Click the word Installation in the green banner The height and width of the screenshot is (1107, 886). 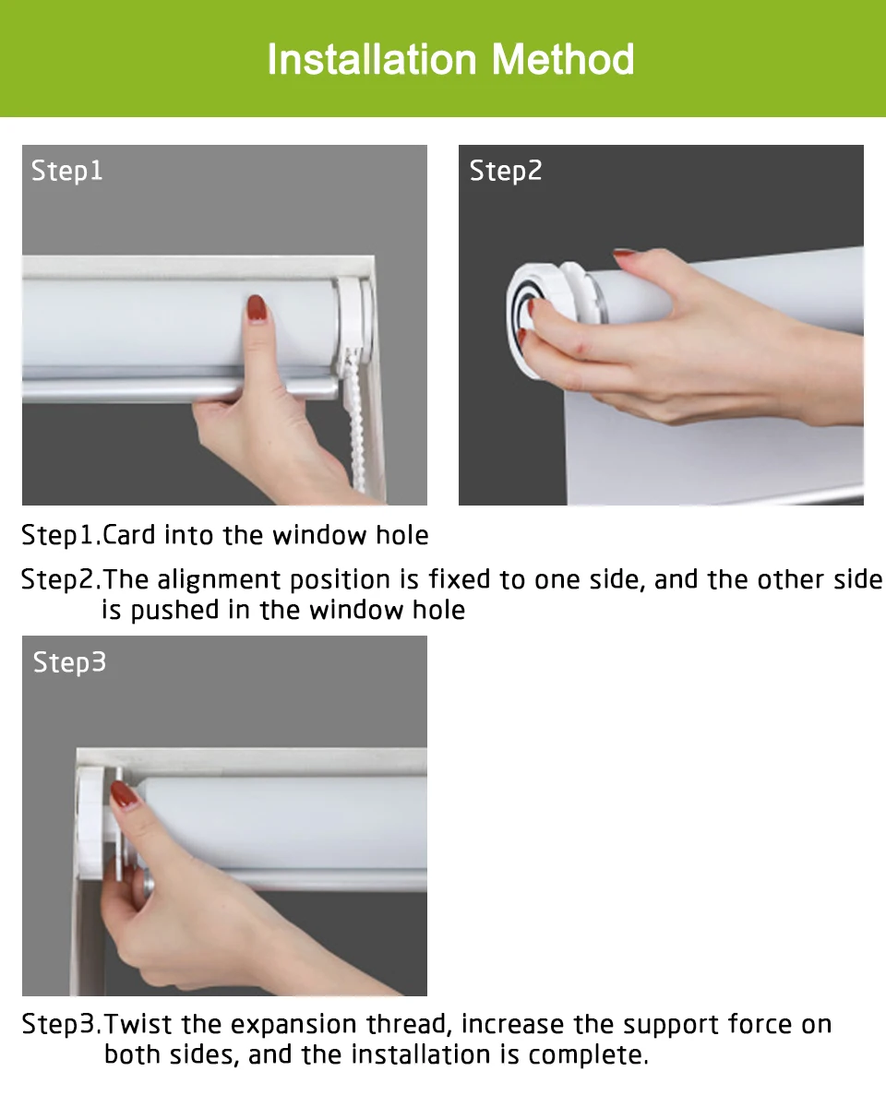pos(372,59)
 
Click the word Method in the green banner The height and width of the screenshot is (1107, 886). pos(563,59)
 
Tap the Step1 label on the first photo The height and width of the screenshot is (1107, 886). pos(67,172)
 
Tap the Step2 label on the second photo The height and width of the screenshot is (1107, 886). pos(506,172)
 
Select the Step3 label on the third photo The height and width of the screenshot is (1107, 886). pos(69,662)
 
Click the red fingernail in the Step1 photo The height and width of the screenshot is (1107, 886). pos(257,307)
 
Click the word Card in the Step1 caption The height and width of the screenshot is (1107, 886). pos(128,535)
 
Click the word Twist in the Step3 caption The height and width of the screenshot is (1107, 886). pos(138,1024)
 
